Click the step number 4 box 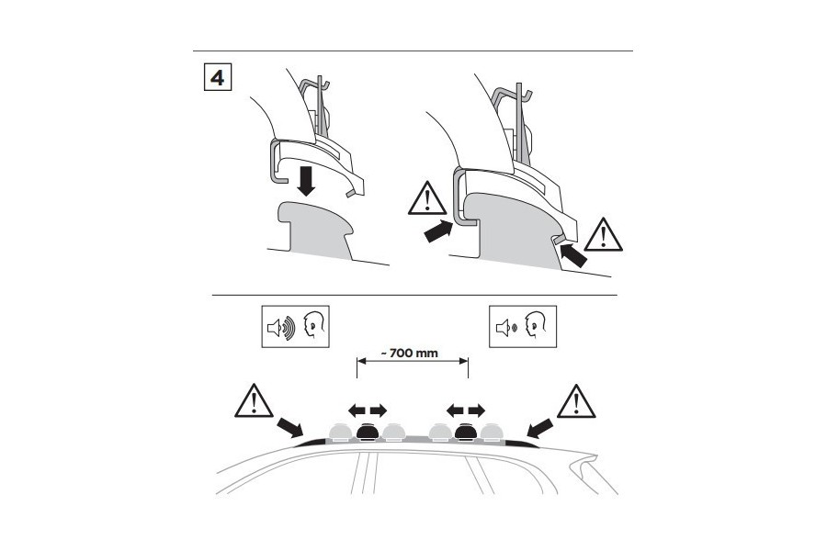217,77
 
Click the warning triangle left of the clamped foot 426,198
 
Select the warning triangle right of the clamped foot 604,235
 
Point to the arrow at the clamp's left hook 438,232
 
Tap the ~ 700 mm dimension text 413,353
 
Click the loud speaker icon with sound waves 280,328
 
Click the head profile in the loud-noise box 314,324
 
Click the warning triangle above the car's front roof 254,400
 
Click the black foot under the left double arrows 368,432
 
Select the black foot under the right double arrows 466,432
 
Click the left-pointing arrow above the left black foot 357,410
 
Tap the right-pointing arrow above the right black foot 476,410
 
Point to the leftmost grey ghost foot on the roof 340,432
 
